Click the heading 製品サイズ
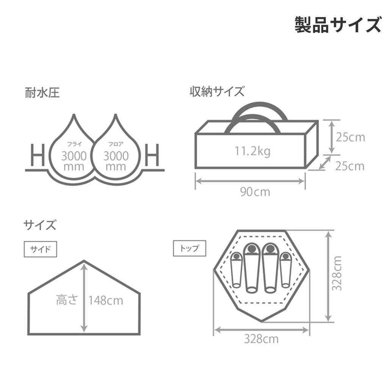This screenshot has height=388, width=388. click(x=338, y=25)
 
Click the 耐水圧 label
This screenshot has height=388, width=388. click(x=42, y=93)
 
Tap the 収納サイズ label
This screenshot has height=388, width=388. click(x=217, y=91)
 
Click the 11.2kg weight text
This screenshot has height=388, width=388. click(x=252, y=151)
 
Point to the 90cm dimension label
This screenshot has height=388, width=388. click(x=255, y=192)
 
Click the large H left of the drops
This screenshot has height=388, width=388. click(x=38, y=155)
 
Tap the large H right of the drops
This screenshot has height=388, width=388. click(x=152, y=155)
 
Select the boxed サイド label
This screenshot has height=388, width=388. click(x=40, y=249)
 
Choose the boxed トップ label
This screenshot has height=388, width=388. click(x=189, y=248)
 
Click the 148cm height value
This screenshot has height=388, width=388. click(x=106, y=300)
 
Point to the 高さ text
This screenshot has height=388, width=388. click(x=67, y=300)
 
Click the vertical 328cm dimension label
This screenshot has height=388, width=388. click(x=337, y=274)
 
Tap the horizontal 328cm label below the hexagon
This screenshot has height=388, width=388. click(x=261, y=339)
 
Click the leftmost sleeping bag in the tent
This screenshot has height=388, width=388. click(x=236, y=270)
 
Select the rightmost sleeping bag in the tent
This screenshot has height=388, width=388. click(x=286, y=270)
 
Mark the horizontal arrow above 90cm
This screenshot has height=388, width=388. click(x=250, y=181)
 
